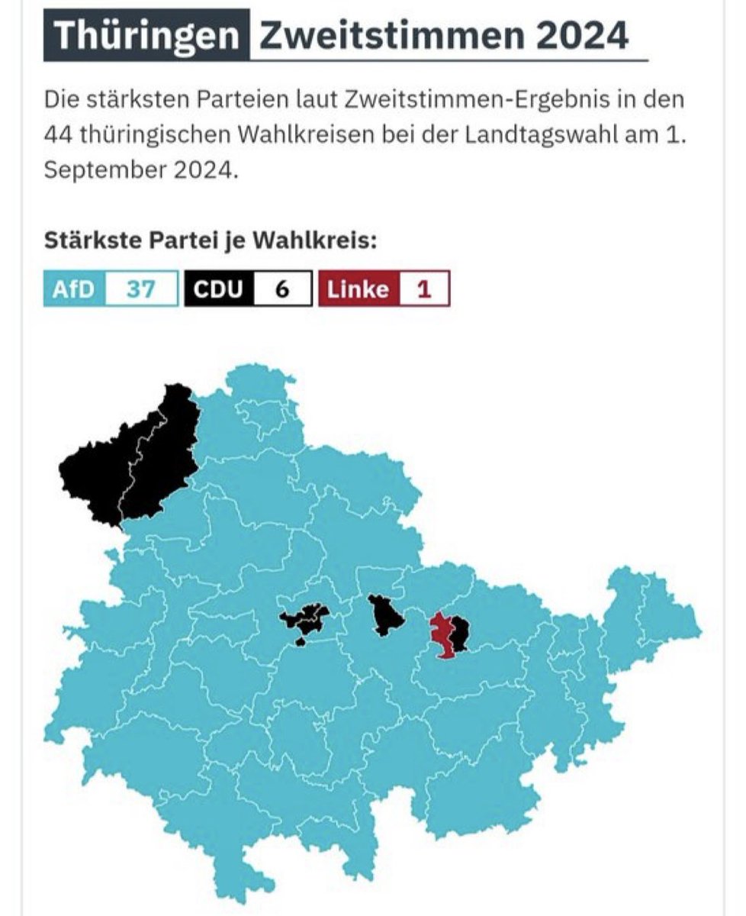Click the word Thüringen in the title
click(x=146, y=35)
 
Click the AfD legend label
click(x=73, y=289)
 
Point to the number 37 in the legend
click(x=140, y=289)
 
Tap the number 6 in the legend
click(x=282, y=289)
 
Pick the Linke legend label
click(x=358, y=289)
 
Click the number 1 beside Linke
click(x=424, y=289)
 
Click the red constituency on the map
click(x=440, y=634)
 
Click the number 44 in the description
click(x=59, y=134)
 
